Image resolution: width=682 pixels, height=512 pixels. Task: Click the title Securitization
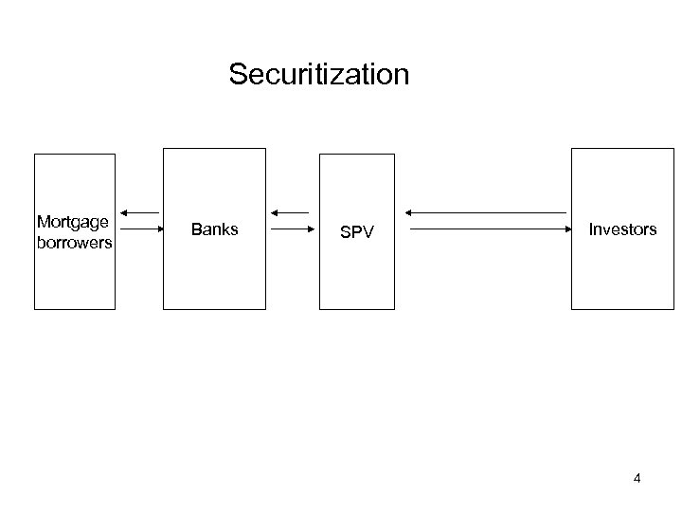(319, 74)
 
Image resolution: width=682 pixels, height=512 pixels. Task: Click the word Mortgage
(73, 222)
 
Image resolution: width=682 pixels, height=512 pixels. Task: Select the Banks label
(214, 229)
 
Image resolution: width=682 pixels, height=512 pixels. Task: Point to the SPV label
(356, 231)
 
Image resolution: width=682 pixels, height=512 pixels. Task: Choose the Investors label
(622, 229)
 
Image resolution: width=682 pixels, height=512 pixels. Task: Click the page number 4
(637, 478)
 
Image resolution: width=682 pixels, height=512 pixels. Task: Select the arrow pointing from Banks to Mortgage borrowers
(141, 211)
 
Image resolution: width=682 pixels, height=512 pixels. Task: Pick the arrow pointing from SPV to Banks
(290, 211)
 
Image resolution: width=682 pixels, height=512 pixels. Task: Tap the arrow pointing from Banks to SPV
(292, 229)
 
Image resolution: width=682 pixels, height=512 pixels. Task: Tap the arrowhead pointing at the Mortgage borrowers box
(127, 211)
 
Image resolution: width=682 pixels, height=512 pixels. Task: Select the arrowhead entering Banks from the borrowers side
(155, 229)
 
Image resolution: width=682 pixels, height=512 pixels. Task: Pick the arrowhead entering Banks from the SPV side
(275, 211)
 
